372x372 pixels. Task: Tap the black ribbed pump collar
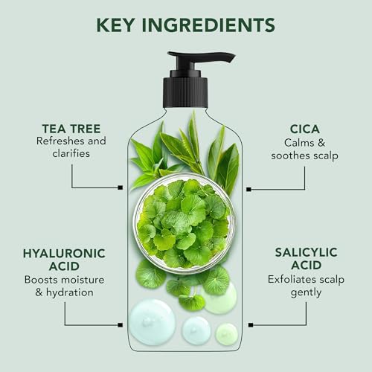coord(185,94)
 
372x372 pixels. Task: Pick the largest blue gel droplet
coord(153,321)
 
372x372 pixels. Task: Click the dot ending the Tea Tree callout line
coord(121,187)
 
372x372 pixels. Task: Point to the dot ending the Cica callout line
coord(249,189)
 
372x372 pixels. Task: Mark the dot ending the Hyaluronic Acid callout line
coord(121,325)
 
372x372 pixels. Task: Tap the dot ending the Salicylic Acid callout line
coord(249,325)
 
